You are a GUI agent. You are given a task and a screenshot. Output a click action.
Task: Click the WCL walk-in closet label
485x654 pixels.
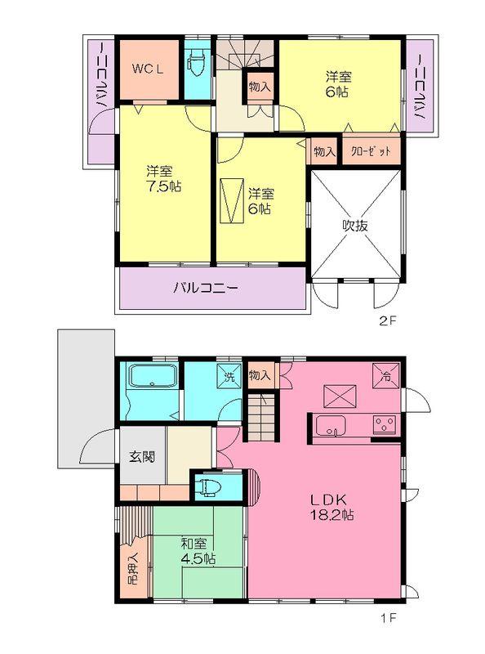[x=149, y=69]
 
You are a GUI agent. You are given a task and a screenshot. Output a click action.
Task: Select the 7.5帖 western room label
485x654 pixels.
[x=163, y=178]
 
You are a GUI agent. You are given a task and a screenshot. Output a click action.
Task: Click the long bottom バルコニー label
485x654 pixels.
[x=204, y=289]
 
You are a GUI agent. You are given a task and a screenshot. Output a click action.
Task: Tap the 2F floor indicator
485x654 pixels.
[x=386, y=321]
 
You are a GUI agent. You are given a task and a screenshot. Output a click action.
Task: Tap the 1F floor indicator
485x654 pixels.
[x=386, y=619]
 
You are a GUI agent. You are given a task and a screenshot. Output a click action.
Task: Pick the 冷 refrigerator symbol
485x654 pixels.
[x=385, y=375]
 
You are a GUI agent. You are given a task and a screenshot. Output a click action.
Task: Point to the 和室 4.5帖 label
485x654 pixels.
[x=196, y=550]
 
